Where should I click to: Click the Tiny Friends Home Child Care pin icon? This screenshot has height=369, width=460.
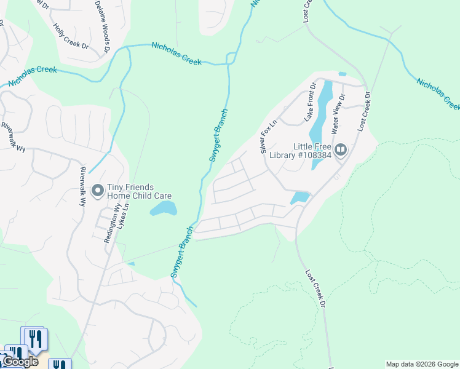click(97, 192)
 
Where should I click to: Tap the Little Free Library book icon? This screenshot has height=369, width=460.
click(340, 149)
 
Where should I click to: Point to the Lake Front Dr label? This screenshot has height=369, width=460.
click(309, 101)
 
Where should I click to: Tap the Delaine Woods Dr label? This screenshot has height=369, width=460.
click(103, 25)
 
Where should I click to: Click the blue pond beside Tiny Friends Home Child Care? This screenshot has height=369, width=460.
click(164, 210)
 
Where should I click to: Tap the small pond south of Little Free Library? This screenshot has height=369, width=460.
click(299, 197)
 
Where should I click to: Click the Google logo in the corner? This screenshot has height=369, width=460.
click(20, 362)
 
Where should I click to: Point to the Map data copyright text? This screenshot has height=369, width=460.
click(421, 364)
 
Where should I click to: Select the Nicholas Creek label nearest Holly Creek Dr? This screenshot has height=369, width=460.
click(177, 54)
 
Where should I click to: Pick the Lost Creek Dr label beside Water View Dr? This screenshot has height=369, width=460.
click(364, 111)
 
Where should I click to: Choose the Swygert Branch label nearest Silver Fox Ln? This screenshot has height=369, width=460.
click(218, 135)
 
